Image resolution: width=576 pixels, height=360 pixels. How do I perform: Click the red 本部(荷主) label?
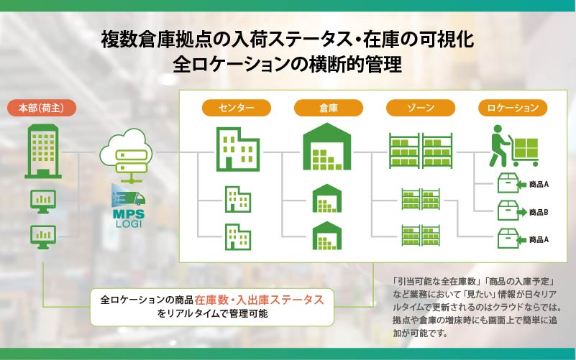[x=42, y=109]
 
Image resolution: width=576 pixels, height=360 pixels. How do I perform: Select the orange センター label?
[x=236, y=108]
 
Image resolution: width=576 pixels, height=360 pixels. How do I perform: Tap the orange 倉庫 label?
[x=329, y=108]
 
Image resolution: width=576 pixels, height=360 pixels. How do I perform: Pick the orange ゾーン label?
[x=421, y=108]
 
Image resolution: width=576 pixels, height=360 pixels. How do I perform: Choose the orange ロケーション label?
[x=513, y=108]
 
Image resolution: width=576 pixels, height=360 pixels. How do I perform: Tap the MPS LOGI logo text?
[x=129, y=218]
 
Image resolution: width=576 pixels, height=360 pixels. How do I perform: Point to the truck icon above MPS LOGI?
[x=129, y=196]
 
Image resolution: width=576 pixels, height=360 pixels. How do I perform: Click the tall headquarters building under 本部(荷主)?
[x=43, y=151]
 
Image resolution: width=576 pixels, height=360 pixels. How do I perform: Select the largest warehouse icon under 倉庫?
[x=326, y=147]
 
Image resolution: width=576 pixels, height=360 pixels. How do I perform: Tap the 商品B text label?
[x=539, y=212]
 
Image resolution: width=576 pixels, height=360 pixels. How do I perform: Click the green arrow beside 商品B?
[x=521, y=213]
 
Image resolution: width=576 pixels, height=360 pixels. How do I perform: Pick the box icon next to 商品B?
[x=508, y=211]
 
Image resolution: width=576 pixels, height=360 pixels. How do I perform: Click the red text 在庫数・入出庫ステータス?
[x=260, y=300]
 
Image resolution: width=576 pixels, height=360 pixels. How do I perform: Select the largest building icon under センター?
[x=238, y=149]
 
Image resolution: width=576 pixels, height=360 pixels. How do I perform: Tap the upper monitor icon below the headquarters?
[x=43, y=201]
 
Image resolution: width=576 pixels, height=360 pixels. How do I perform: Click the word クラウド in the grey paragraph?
[x=521, y=307]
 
